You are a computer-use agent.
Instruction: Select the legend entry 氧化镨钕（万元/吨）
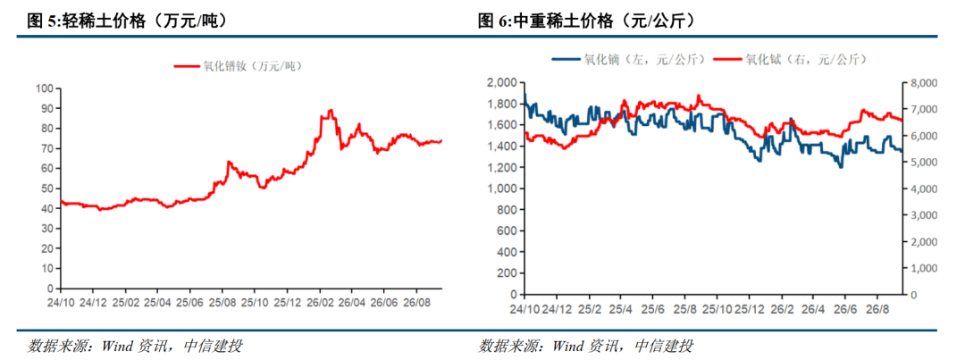tap(239, 66)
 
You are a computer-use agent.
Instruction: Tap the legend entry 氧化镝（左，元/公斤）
tap(631, 59)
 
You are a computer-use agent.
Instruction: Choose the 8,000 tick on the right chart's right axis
tap(921, 83)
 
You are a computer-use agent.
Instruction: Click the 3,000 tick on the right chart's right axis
tap(921, 215)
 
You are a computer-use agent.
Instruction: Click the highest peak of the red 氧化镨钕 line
tap(331, 110)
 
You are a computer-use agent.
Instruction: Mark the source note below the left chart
tap(135, 345)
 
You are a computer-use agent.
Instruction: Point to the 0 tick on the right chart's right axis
tap(912, 295)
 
